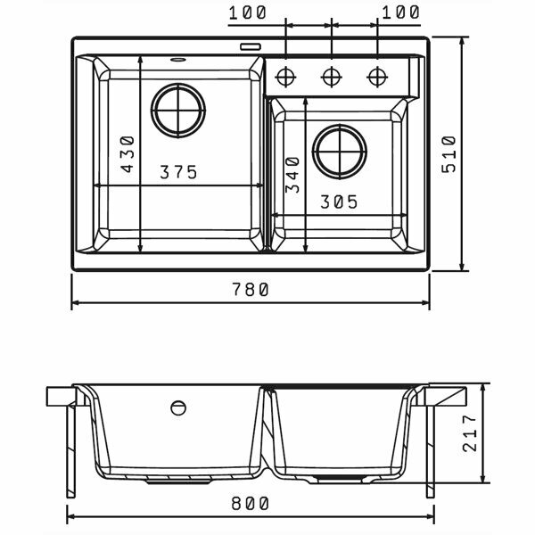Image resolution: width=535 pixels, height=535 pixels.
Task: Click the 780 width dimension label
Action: coord(250,289)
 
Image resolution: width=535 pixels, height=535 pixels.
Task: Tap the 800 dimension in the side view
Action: coord(251,504)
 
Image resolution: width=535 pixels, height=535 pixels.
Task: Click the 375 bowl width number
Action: coord(178,173)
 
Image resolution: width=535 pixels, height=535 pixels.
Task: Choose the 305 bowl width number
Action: coord(339,202)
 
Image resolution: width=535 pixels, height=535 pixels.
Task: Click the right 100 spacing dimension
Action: coord(399,13)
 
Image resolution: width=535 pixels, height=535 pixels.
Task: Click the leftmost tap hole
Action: coord(286,75)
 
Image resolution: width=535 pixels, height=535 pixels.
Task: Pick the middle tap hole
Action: coord(331,75)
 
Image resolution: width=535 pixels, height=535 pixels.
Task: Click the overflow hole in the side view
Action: coord(178,407)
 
